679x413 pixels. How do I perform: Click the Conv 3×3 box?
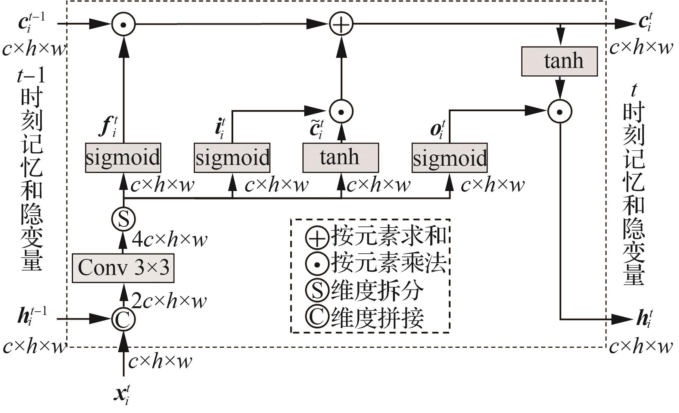click(x=123, y=268)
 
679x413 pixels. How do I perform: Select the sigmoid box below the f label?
click(x=123, y=157)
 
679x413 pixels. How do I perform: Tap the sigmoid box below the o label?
click(x=449, y=157)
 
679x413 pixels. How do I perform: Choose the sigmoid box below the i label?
click(x=232, y=157)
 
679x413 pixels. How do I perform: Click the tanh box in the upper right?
click(x=559, y=61)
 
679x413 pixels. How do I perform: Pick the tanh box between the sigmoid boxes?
click(x=340, y=157)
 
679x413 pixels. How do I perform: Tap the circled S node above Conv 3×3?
click(x=123, y=219)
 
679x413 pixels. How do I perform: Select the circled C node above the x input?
click(x=123, y=319)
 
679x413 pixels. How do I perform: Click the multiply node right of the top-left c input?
click(x=123, y=24)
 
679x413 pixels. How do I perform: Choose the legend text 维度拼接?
click(x=377, y=318)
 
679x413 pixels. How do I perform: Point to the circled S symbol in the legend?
click(x=317, y=290)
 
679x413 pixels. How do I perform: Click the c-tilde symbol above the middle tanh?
click(x=316, y=129)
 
